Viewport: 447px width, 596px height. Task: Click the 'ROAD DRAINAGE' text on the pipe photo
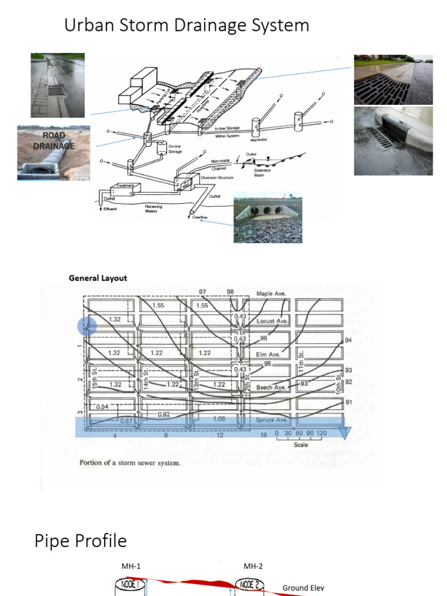click(x=46, y=140)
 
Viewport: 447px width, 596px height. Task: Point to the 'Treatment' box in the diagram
click(x=126, y=186)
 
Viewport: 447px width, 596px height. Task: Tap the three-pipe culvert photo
click(x=268, y=218)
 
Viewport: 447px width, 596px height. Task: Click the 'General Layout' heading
click(x=98, y=278)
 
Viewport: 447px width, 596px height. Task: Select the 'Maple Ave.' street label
click(x=271, y=294)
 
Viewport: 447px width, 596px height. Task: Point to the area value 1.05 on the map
click(x=219, y=418)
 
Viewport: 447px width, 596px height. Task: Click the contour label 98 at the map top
click(x=230, y=292)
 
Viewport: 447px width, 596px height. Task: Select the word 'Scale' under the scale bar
click(x=301, y=444)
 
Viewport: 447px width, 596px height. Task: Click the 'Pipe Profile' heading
click(x=80, y=541)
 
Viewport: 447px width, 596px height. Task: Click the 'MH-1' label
click(x=131, y=566)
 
